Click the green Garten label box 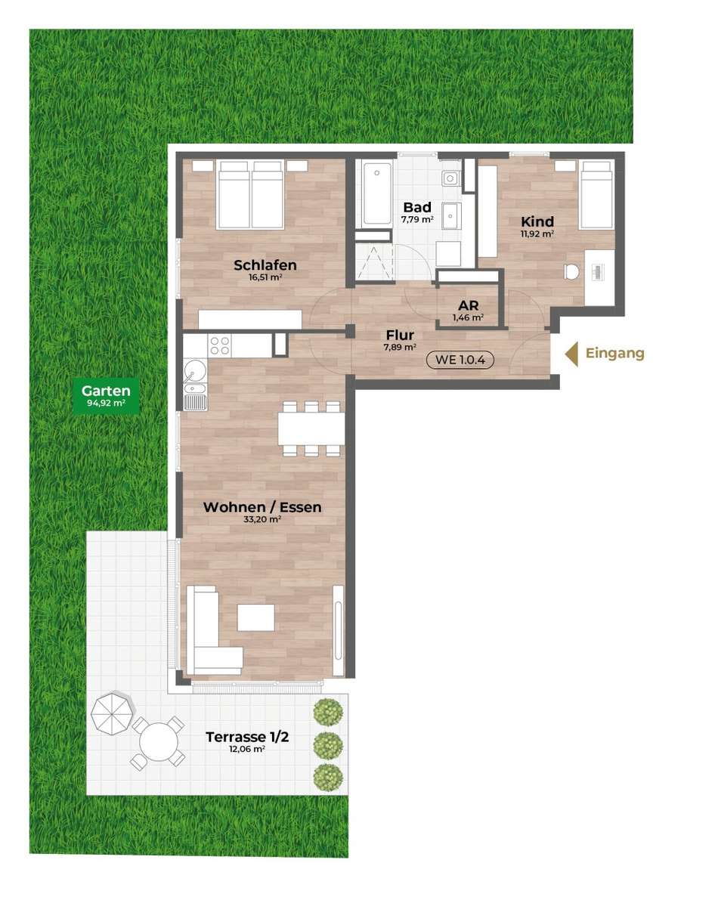click(x=106, y=395)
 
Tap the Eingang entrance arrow click(x=571, y=354)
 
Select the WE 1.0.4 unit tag click(x=460, y=359)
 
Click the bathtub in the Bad click(x=377, y=194)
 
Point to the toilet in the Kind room click(x=571, y=271)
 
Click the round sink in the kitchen click(x=195, y=370)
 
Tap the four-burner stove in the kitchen click(x=220, y=346)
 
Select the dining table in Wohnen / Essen click(x=311, y=428)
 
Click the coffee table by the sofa click(x=255, y=617)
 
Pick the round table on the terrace click(x=158, y=742)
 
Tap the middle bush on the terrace click(x=329, y=746)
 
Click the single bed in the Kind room click(x=596, y=194)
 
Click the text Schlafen click(x=265, y=264)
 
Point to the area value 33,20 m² click(x=262, y=519)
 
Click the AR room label click(x=468, y=305)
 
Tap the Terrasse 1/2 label click(x=247, y=737)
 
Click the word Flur click(x=400, y=335)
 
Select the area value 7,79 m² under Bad click(x=417, y=219)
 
